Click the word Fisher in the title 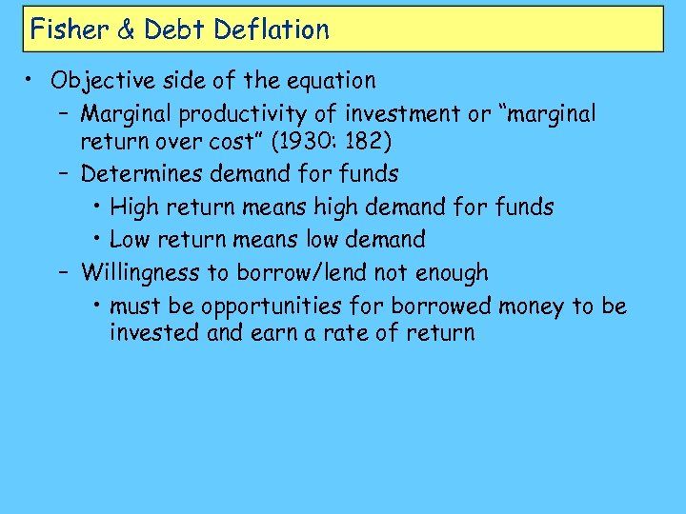tap(69, 30)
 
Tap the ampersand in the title tap(126, 30)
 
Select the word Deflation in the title tap(272, 30)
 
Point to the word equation tap(331, 81)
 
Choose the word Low tap(131, 239)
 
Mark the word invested tap(150, 333)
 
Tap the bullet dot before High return tap(100, 207)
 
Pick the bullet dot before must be tap(100, 306)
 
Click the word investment tap(402, 114)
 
